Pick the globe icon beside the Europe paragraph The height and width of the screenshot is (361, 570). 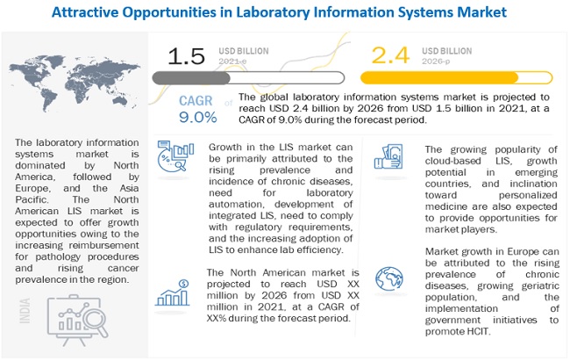[x=388, y=279]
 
